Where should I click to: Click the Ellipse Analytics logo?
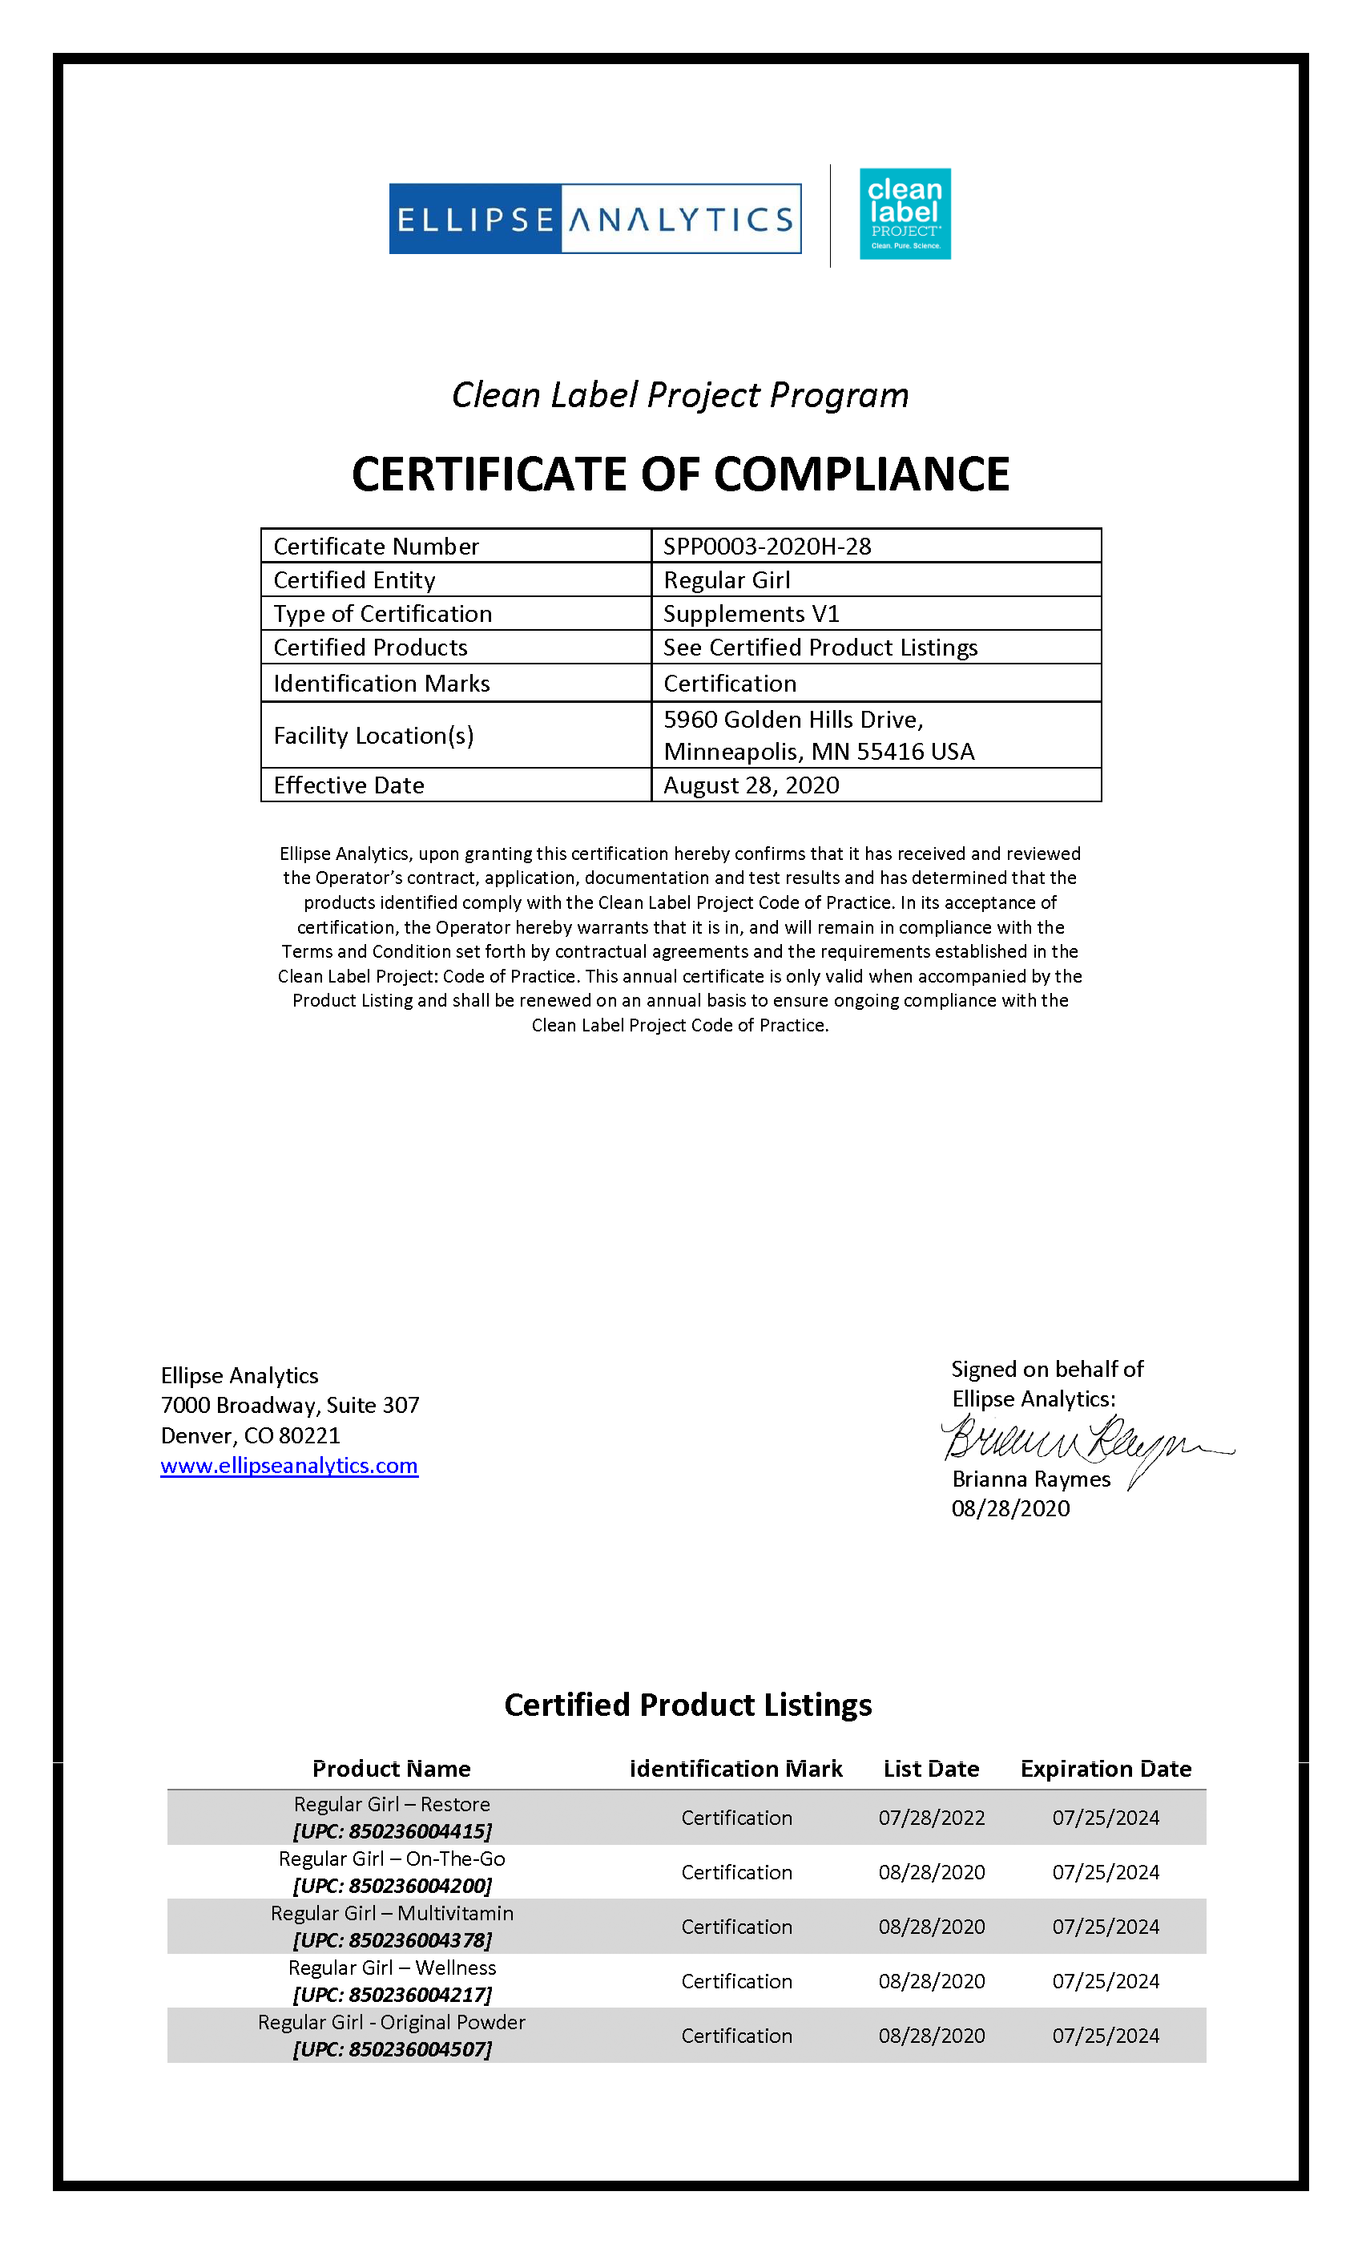point(594,219)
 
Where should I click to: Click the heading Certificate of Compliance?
point(680,474)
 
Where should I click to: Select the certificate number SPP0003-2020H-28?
point(767,547)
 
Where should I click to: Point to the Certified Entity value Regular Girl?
point(727,580)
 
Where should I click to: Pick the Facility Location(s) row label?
point(373,735)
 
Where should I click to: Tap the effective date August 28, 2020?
point(752,785)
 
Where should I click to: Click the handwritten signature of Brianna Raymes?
point(1083,1441)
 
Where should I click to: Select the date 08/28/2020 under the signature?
point(1010,1508)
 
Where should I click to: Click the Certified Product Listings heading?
point(687,1705)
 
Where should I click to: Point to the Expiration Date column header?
point(1106,1769)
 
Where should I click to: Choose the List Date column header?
point(931,1769)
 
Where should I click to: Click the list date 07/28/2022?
point(931,1818)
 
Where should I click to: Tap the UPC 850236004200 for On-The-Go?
point(392,1886)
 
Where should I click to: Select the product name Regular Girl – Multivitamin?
point(392,1914)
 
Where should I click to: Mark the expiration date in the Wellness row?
point(1106,1981)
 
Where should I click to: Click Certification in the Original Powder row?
point(736,2036)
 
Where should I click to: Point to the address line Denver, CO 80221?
point(250,1435)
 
